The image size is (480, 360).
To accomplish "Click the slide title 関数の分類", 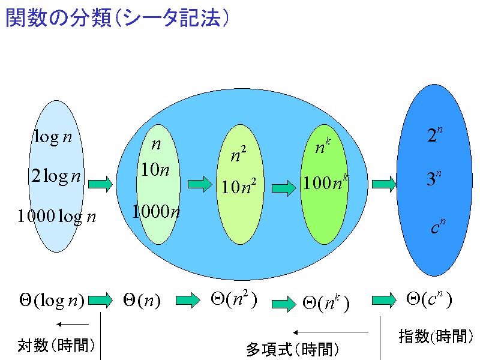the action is (x=59, y=17).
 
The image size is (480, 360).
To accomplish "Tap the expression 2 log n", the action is (x=56, y=176).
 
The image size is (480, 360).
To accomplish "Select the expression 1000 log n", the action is (x=56, y=217).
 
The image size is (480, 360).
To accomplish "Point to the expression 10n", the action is (x=155, y=169).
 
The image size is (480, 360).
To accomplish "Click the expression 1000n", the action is (x=156, y=211).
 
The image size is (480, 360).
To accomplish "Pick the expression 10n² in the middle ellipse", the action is (x=239, y=186).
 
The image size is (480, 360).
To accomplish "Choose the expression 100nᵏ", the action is (x=325, y=182).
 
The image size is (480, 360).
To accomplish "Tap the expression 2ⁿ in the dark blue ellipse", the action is (x=434, y=134).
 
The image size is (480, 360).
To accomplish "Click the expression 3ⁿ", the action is (x=434, y=178).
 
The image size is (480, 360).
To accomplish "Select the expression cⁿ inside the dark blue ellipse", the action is (x=438, y=226).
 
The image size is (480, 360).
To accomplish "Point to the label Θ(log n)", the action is (x=52, y=300).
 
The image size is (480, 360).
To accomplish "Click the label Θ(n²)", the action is (x=234, y=299).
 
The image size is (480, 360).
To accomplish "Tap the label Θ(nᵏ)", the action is (x=326, y=303).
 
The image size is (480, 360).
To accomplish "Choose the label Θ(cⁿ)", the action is (x=429, y=299).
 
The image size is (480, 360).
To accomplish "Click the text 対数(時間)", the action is (x=56, y=346).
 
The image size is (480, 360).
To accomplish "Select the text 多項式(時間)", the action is (x=292, y=349).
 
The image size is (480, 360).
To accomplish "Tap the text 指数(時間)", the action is (x=436, y=336).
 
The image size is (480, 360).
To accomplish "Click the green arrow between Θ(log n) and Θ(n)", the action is (x=100, y=300).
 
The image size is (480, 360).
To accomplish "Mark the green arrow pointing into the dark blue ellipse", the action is (x=384, y=184).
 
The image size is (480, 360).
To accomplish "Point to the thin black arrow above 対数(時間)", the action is (x=73, y=324).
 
